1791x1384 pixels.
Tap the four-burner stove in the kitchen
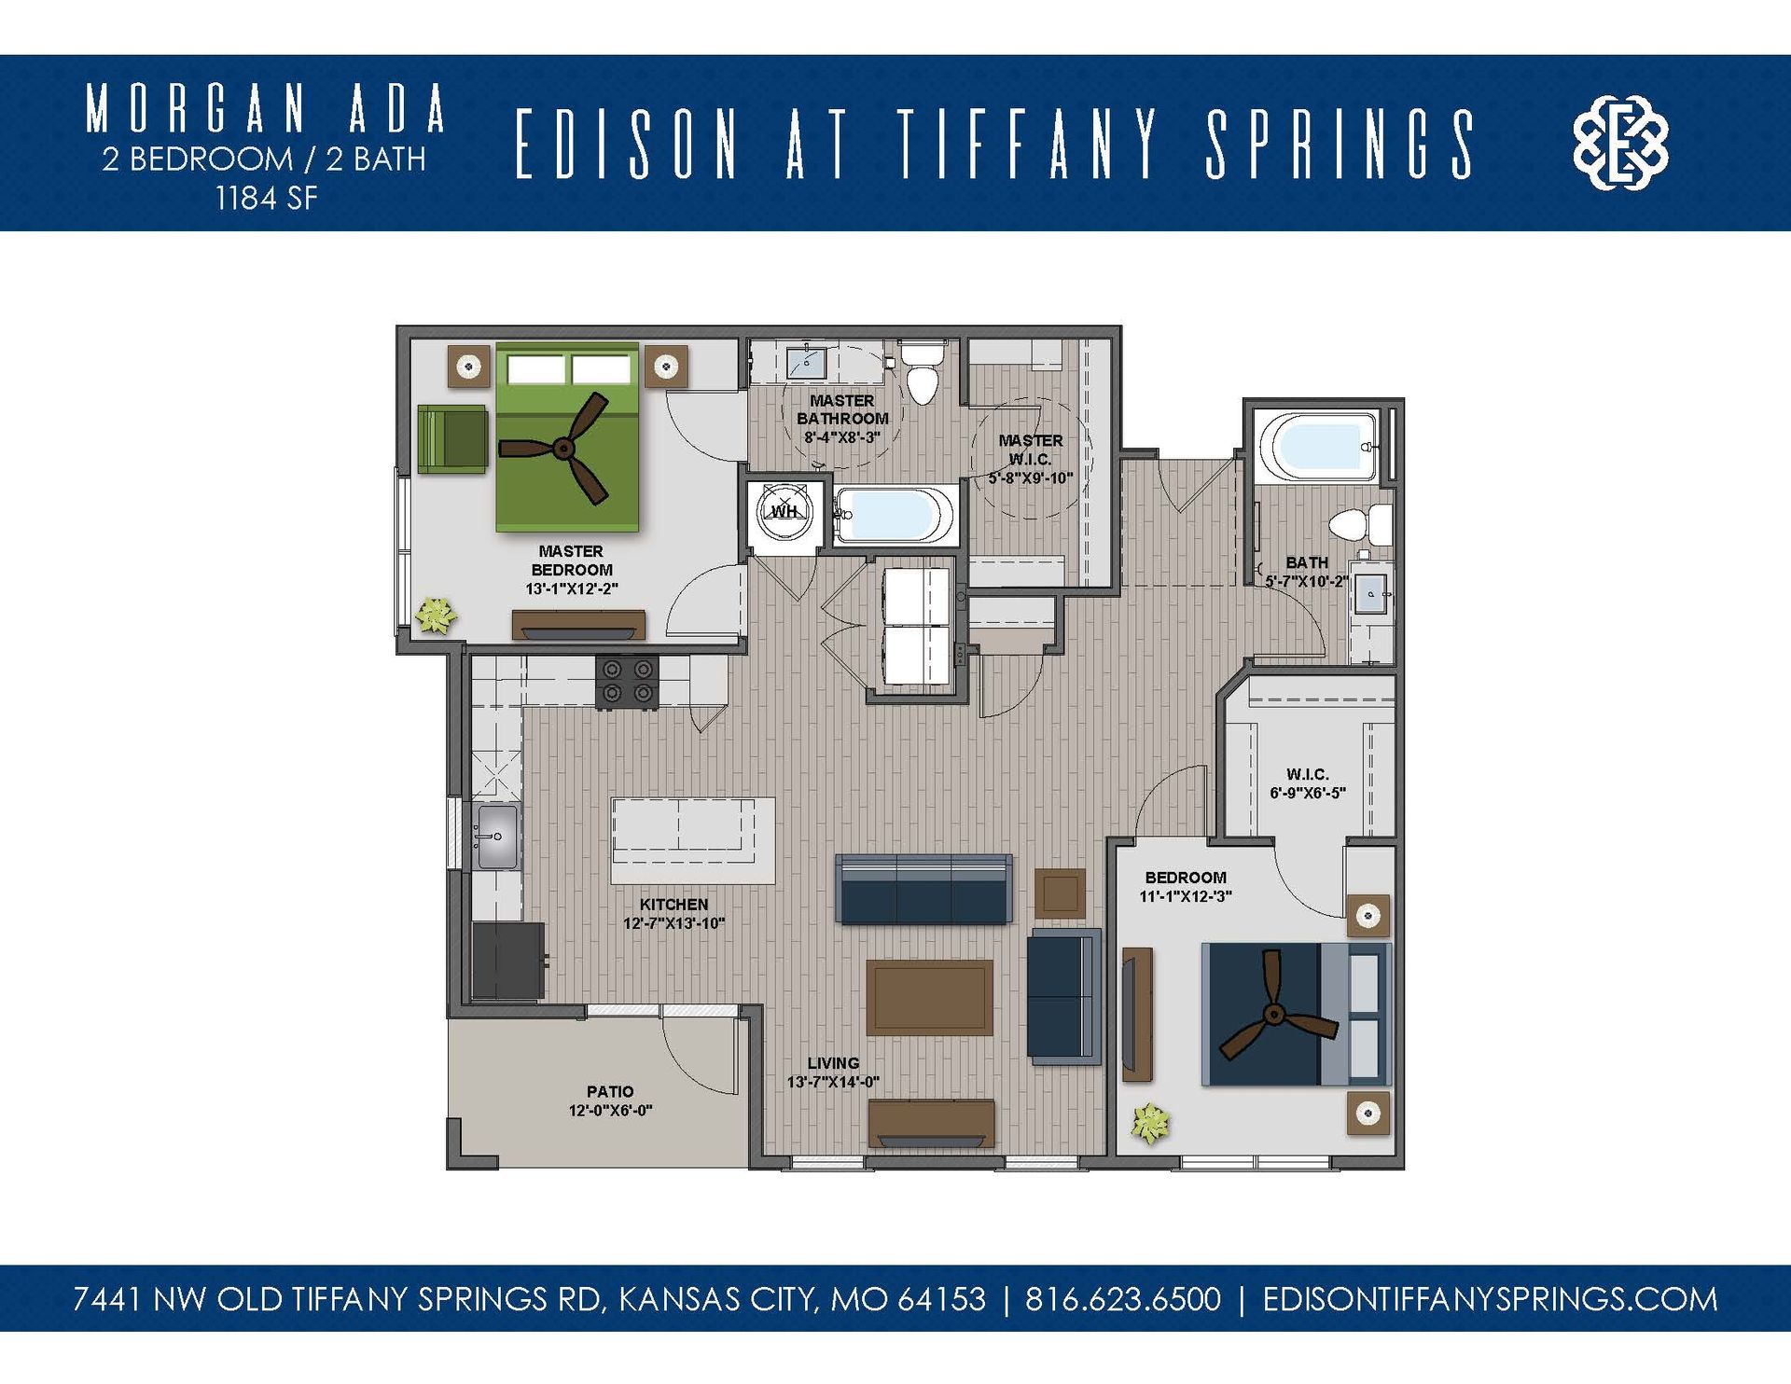coord(627,682)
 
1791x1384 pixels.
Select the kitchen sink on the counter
coord(495,836)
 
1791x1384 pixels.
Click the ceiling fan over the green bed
coord(564,449)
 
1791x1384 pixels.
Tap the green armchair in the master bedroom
coord(451,438)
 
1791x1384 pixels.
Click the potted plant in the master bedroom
coord(436,616)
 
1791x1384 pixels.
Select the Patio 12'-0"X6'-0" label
coord(610,1100)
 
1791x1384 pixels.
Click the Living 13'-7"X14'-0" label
coord(833,1073)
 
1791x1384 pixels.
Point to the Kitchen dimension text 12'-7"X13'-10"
coord(673,924)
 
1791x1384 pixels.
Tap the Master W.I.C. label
coord(1030,450)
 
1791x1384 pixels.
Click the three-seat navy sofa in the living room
coord(924,889)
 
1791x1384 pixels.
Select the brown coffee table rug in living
coord(929,997)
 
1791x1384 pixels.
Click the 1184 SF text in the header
coord(266,198)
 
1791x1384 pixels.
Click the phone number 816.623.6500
coord(1122,1299)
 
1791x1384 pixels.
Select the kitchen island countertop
coord(693,840)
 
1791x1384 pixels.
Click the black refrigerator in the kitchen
coord(508,961)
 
